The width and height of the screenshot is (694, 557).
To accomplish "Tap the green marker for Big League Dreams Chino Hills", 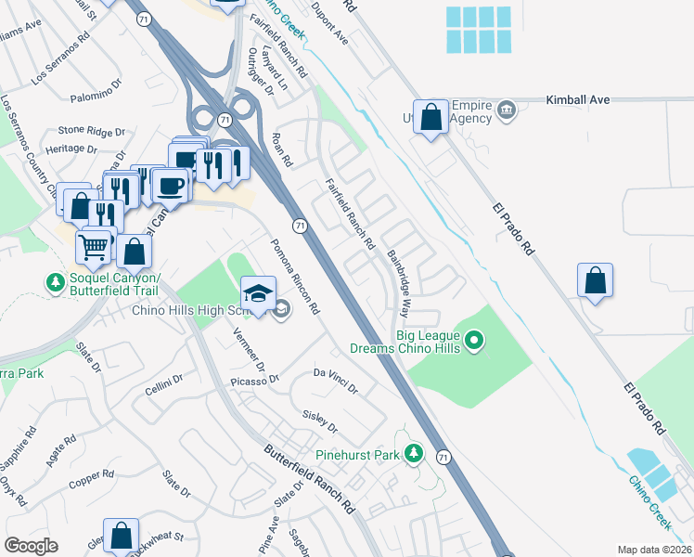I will [474, 342].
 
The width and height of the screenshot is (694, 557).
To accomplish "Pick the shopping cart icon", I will [93, 248].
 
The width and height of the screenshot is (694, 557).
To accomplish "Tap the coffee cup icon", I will [171, 185].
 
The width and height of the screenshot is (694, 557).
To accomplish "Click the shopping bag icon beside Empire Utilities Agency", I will [431, 118].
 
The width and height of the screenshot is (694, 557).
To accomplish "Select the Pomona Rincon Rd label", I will [294, 276].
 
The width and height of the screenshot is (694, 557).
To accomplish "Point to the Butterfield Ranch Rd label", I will [310, 481].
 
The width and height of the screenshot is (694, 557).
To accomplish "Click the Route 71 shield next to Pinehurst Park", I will [444, 457].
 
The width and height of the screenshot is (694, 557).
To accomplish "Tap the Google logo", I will [32, 546].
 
